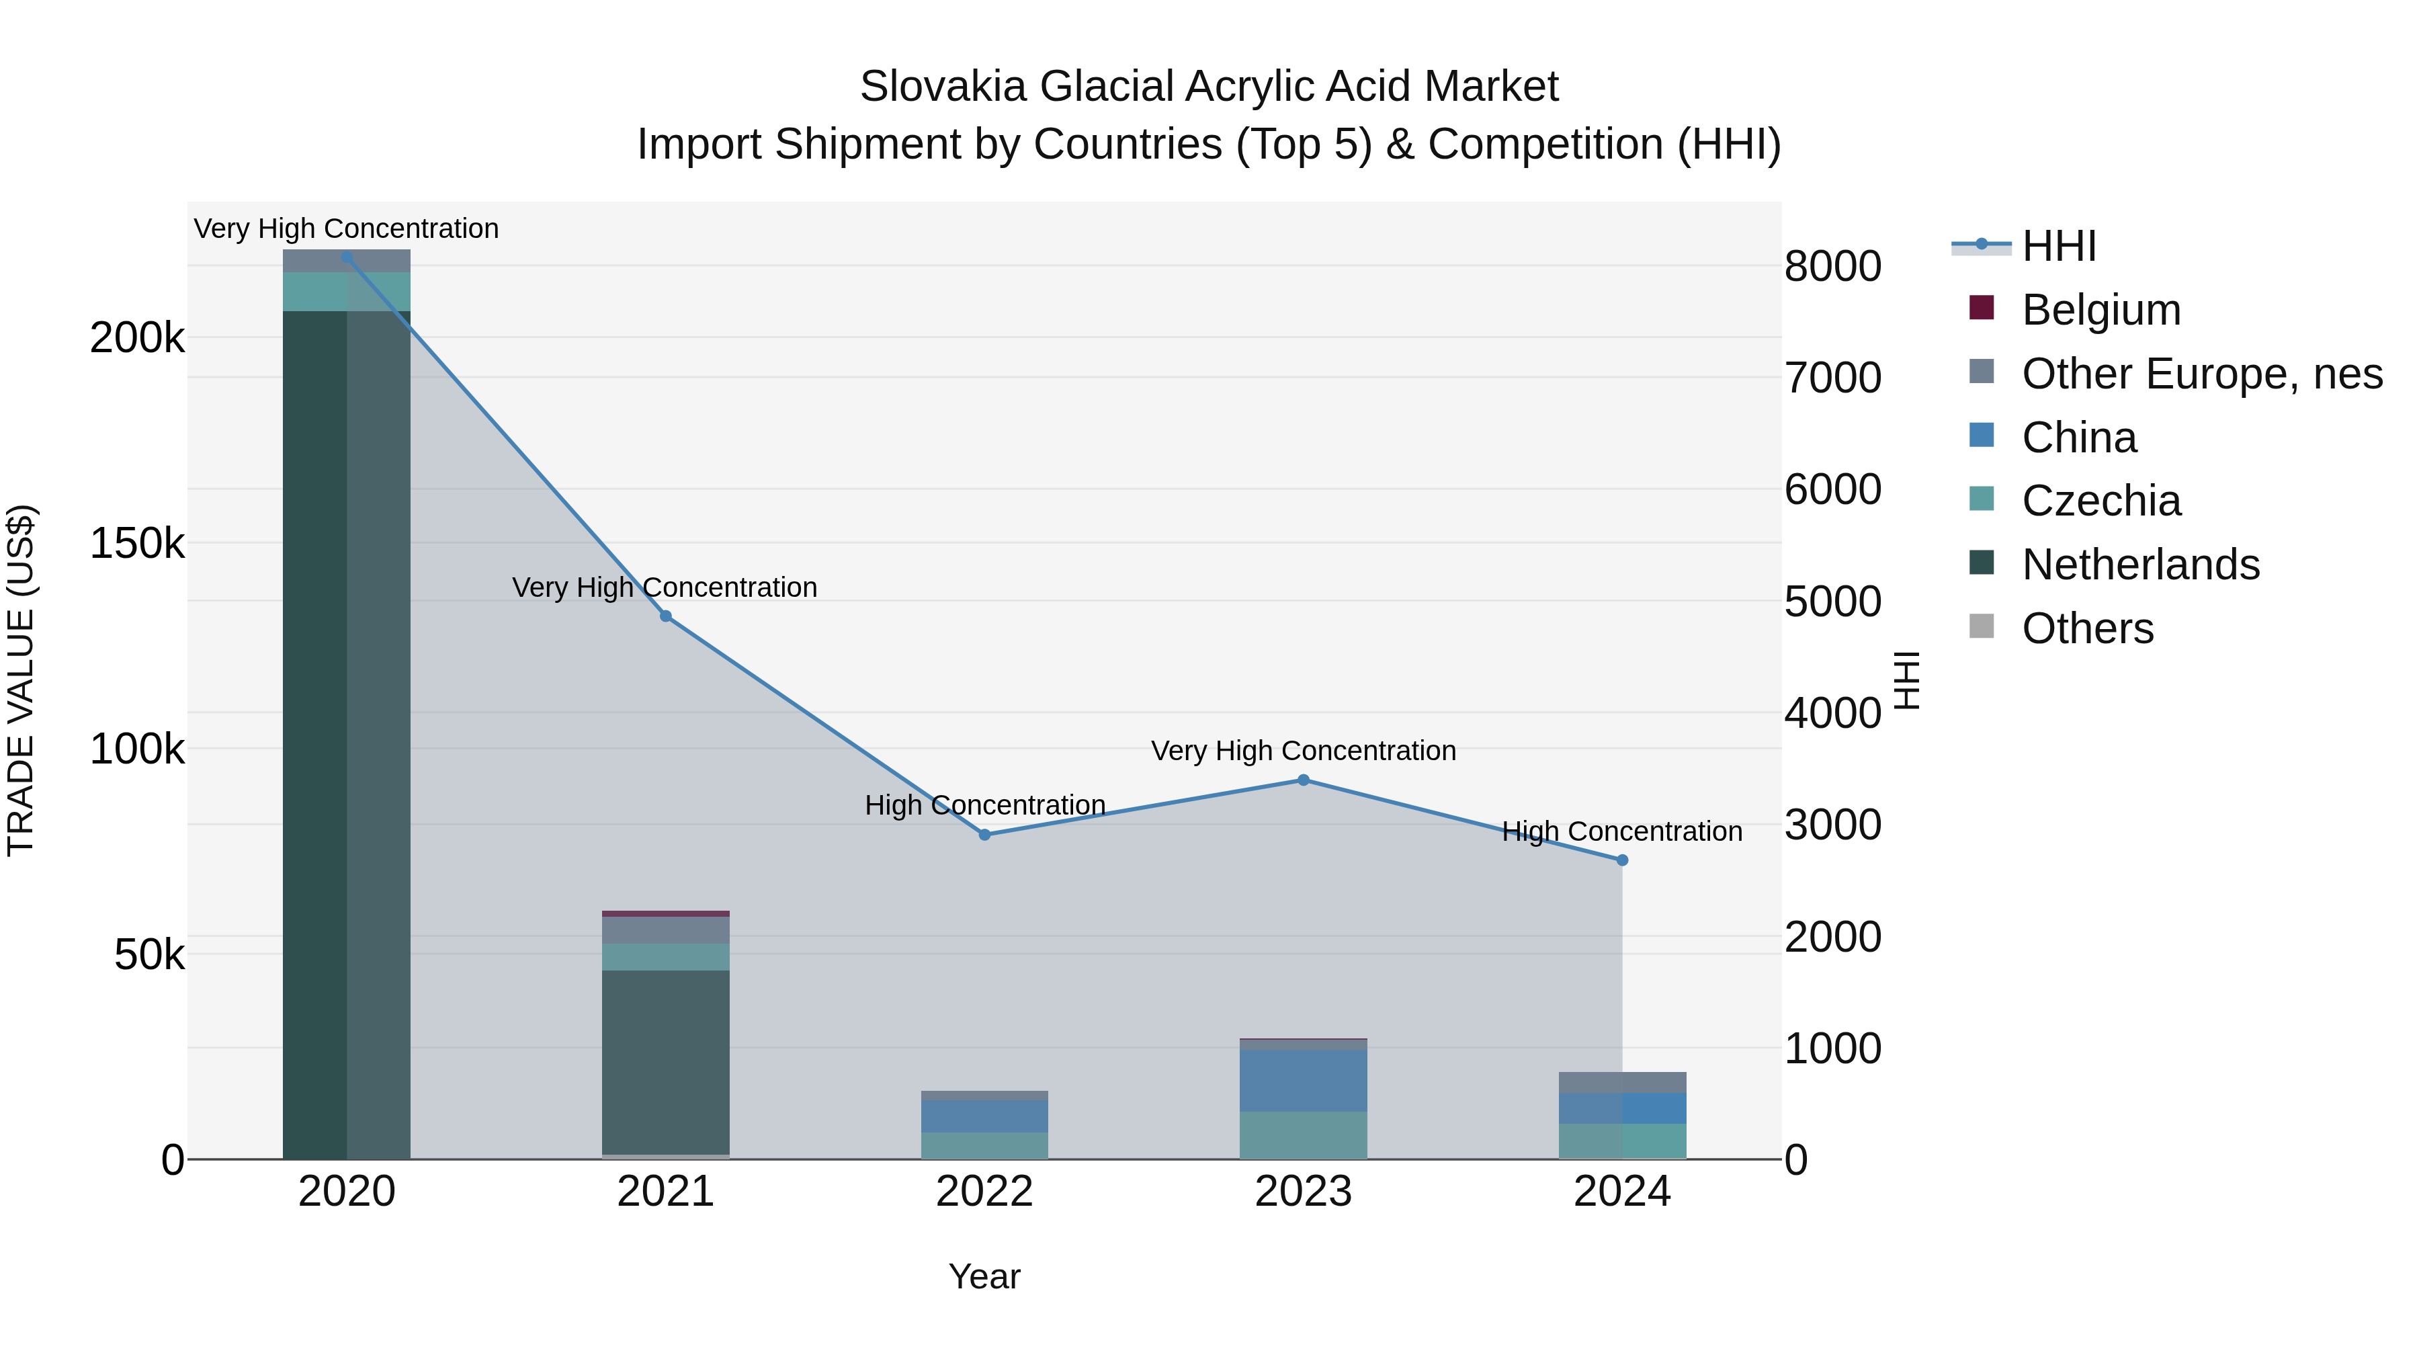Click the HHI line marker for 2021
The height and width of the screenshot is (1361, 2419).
(x=666, y=616)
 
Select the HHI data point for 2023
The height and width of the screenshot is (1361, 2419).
(x=1304, y=780)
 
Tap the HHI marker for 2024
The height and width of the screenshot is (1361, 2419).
(x=1622, y=860)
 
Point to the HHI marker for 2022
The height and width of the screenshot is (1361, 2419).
(x=984, y=834)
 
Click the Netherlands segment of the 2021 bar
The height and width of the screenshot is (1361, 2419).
(x=666, y=1061)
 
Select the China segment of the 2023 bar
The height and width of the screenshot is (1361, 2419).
(x=1304, y=1080)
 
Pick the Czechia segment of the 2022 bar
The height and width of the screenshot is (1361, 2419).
(x=984, y=1145)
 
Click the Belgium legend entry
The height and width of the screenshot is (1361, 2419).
(x=2100, y=310)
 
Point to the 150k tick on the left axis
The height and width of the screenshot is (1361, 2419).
(x=137, y=544)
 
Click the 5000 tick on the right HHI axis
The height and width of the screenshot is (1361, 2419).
(x=1832, y=602)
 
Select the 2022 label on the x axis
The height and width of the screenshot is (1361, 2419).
(x=984, y=1192)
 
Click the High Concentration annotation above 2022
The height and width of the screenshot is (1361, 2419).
(x=984, y=805)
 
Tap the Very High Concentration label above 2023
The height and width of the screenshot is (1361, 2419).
(x=1304, y=751)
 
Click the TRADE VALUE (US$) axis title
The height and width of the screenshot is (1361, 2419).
(x=21, y=680)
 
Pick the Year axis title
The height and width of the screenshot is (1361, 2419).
(x=984, y=1276)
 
